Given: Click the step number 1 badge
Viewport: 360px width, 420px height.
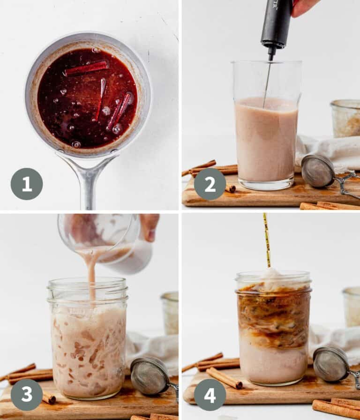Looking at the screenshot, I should point(27,184).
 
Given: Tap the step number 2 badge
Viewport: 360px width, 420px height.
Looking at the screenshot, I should point(210,184).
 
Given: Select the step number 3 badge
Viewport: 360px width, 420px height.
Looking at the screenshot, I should point(27,394).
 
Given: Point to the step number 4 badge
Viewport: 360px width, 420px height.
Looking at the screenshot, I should point(210,394).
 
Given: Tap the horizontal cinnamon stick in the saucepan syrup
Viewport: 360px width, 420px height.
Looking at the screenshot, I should point(87,68).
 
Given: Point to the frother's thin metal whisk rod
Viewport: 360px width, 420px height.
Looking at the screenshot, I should point(268,80).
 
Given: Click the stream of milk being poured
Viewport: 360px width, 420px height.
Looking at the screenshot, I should point(92,272).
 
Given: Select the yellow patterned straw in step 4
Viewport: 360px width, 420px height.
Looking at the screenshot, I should point(267,239).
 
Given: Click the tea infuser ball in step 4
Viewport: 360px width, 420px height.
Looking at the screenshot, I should point(331,364).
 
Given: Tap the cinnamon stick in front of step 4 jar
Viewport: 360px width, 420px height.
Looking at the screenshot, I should point(224,378).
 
